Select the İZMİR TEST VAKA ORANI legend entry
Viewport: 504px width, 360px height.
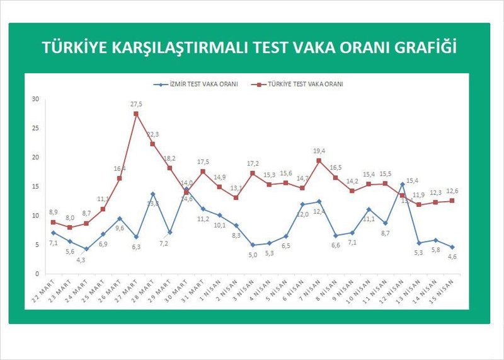pos(195,84)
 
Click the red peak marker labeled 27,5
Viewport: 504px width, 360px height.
pos(136,114)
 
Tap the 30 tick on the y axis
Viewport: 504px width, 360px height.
pos(35,99)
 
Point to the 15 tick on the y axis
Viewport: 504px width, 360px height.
pos(35,187)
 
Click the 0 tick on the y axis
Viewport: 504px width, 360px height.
pos(37,274)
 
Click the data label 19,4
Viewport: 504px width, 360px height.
pos(319,151)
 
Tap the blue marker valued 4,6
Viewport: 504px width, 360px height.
pos(452,247)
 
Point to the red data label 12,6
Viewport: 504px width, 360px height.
pos(452,192)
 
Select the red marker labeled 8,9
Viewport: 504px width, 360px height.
pos(54,222)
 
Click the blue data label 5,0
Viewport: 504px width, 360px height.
pos(252,254)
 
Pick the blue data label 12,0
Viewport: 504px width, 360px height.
pos(302,214)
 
